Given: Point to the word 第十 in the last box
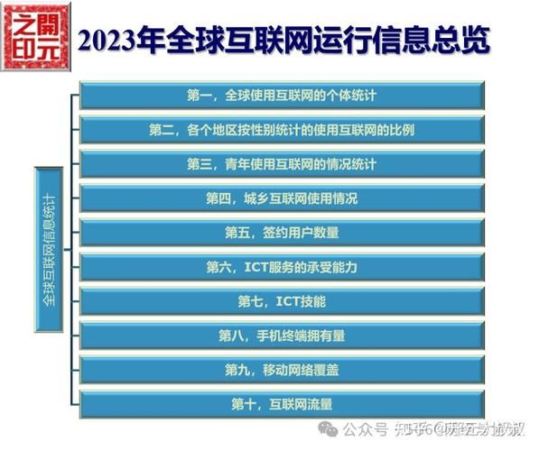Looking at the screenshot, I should (x=246, y=403).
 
